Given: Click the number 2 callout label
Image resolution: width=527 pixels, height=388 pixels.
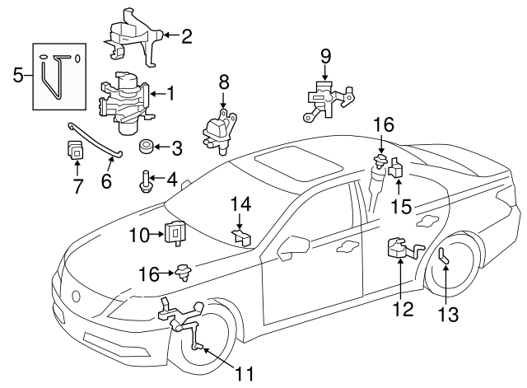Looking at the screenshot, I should click(186, 35).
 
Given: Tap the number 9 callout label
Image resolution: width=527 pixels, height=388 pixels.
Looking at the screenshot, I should click(326, 57).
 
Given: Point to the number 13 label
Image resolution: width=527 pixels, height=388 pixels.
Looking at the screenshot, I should click(445, 314).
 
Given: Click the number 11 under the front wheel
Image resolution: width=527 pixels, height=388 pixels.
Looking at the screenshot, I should click(244, 374).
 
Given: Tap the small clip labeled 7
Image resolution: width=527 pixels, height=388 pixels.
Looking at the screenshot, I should click(76, 151).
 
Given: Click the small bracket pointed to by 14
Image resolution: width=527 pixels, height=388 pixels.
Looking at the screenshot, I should click(241, 237).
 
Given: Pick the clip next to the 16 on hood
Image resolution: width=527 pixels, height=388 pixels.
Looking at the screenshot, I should click(183, 270).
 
